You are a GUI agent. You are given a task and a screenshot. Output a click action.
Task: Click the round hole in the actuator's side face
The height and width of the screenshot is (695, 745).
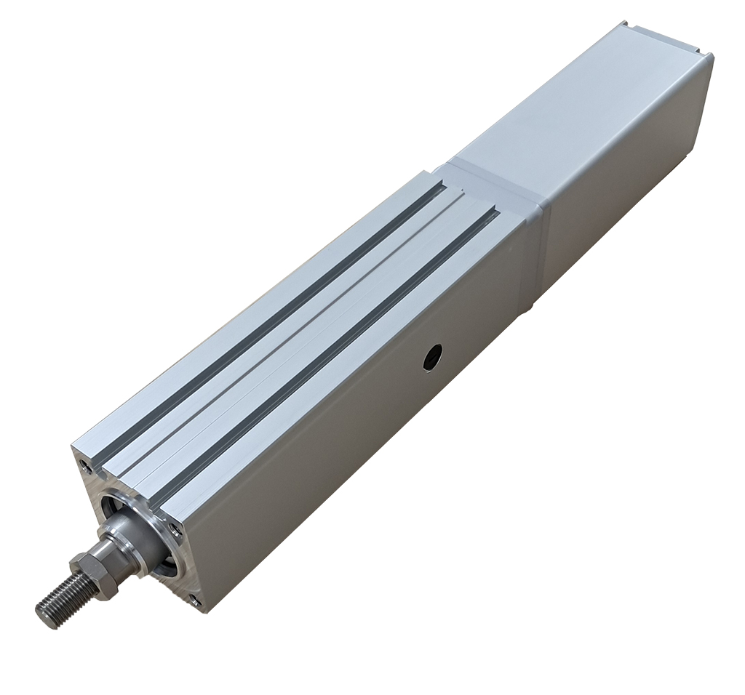click(x=433, y=356)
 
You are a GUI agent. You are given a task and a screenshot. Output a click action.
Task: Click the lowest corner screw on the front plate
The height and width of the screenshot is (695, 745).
click(x=195, y=599)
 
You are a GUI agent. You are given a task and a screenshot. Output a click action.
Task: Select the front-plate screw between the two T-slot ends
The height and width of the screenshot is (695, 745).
click(x=174, y=530)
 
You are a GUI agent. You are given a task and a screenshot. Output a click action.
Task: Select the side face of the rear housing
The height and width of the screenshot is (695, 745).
click(x=626, y=182)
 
